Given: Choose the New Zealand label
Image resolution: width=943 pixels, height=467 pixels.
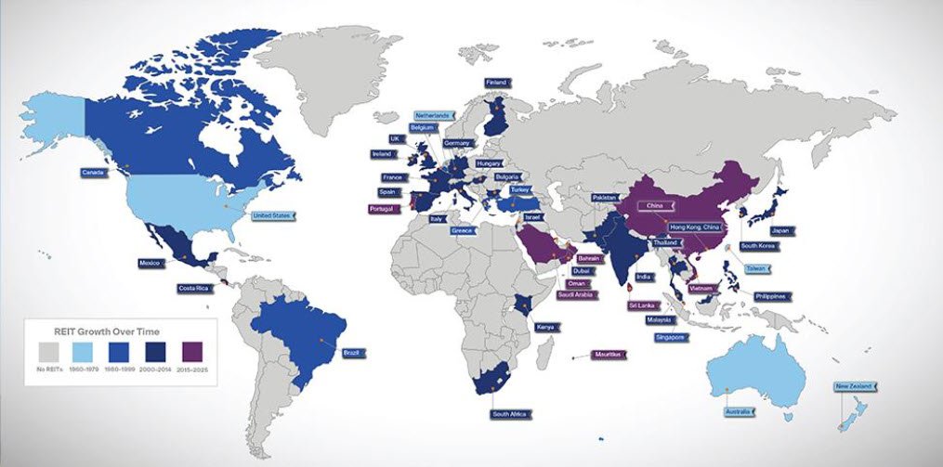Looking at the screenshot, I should click(x=854, y=385).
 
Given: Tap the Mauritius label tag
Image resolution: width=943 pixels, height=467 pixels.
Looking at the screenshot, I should click(x=609, y=354).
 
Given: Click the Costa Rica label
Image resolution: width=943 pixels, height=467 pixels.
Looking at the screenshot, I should click(x=194, y=289).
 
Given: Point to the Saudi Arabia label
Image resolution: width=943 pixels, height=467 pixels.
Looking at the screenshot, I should click(x=576, y=295).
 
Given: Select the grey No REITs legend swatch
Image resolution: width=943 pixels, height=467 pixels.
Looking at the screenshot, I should click(x=50, y=351).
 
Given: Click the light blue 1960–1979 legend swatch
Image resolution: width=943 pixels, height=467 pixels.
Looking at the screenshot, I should click(x=85, y=351).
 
